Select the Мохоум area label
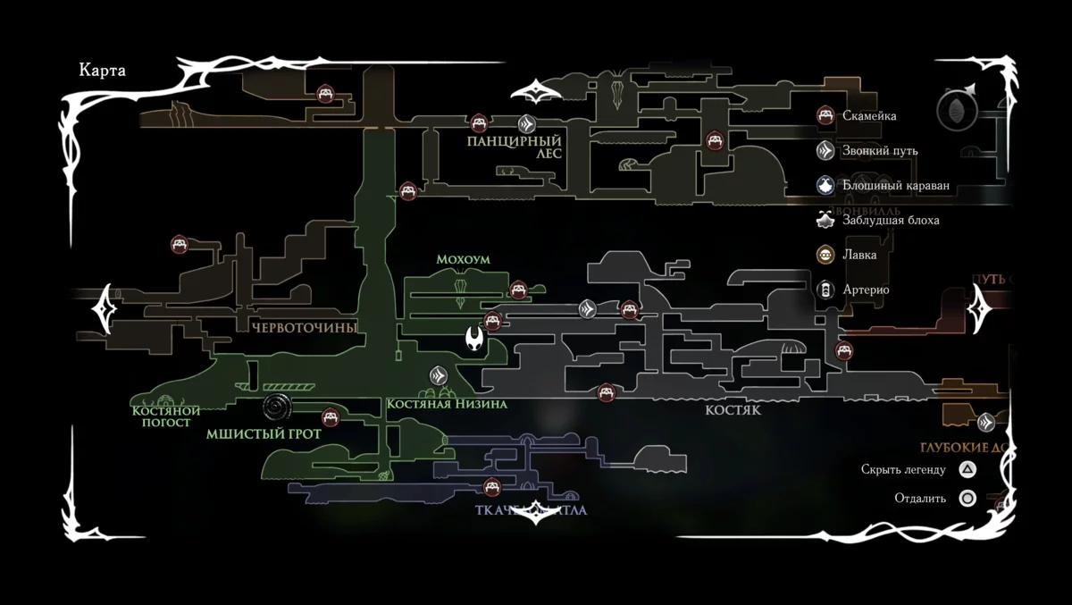pyautogui.click(x=463, y=259)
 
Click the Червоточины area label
pyautogui.click(x=304, y=328)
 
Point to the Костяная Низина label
pyautogui.click(x=447, y=404)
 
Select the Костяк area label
pyautogui.click(x=733, y=410)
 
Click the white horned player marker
pyautogui.click(x=475, y=340)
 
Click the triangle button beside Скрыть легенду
pyautogui.click(x=967, y=468)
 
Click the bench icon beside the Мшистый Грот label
pyautogui.click(x=331, y=416)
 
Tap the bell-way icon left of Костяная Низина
pyautogui.click(x=439, y=375)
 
